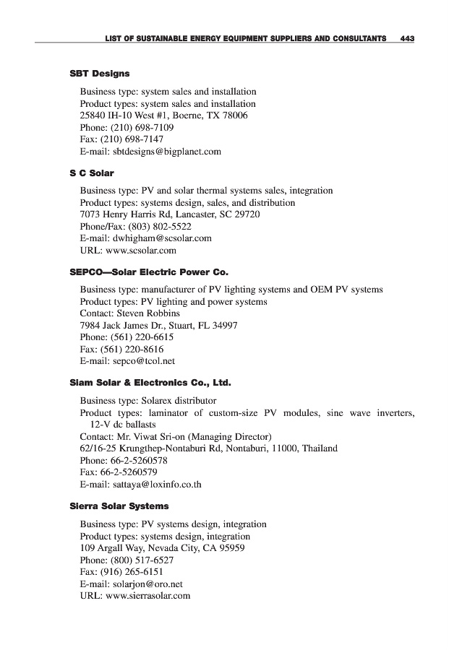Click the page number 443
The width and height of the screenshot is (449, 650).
tap(406, 38)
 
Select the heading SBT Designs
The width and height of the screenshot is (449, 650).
tap(100, 74)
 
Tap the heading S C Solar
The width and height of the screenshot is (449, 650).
tap(92, 173)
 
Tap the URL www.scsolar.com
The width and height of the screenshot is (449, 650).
tap(141, 251)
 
